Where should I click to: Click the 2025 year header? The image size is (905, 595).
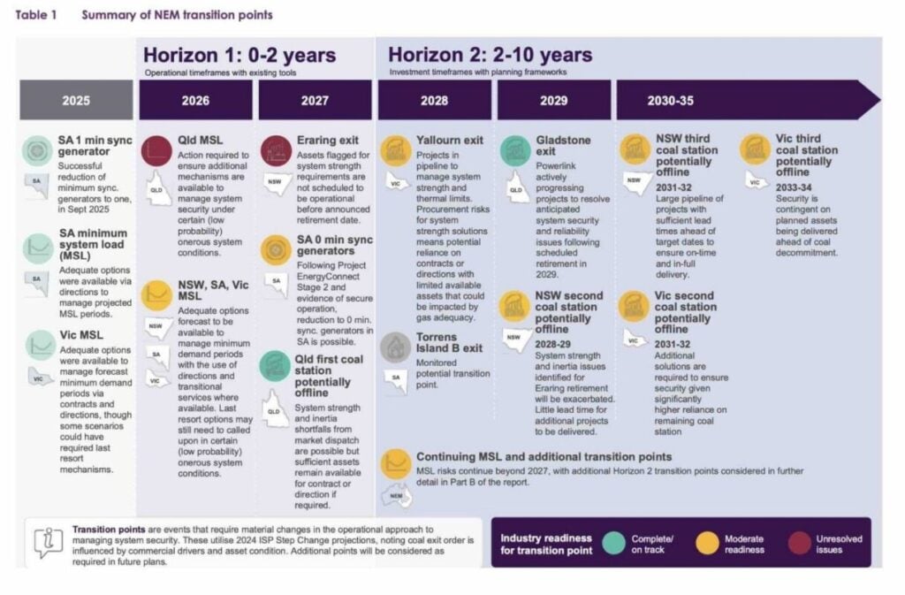[76, 100]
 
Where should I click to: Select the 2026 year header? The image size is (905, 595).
[195, 100]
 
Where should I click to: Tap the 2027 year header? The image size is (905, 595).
[315, 100]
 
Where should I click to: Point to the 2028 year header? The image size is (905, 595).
[434, 100]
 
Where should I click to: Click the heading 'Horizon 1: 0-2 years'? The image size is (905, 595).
[240, 55]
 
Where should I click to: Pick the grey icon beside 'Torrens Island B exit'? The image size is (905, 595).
[395, 347]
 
